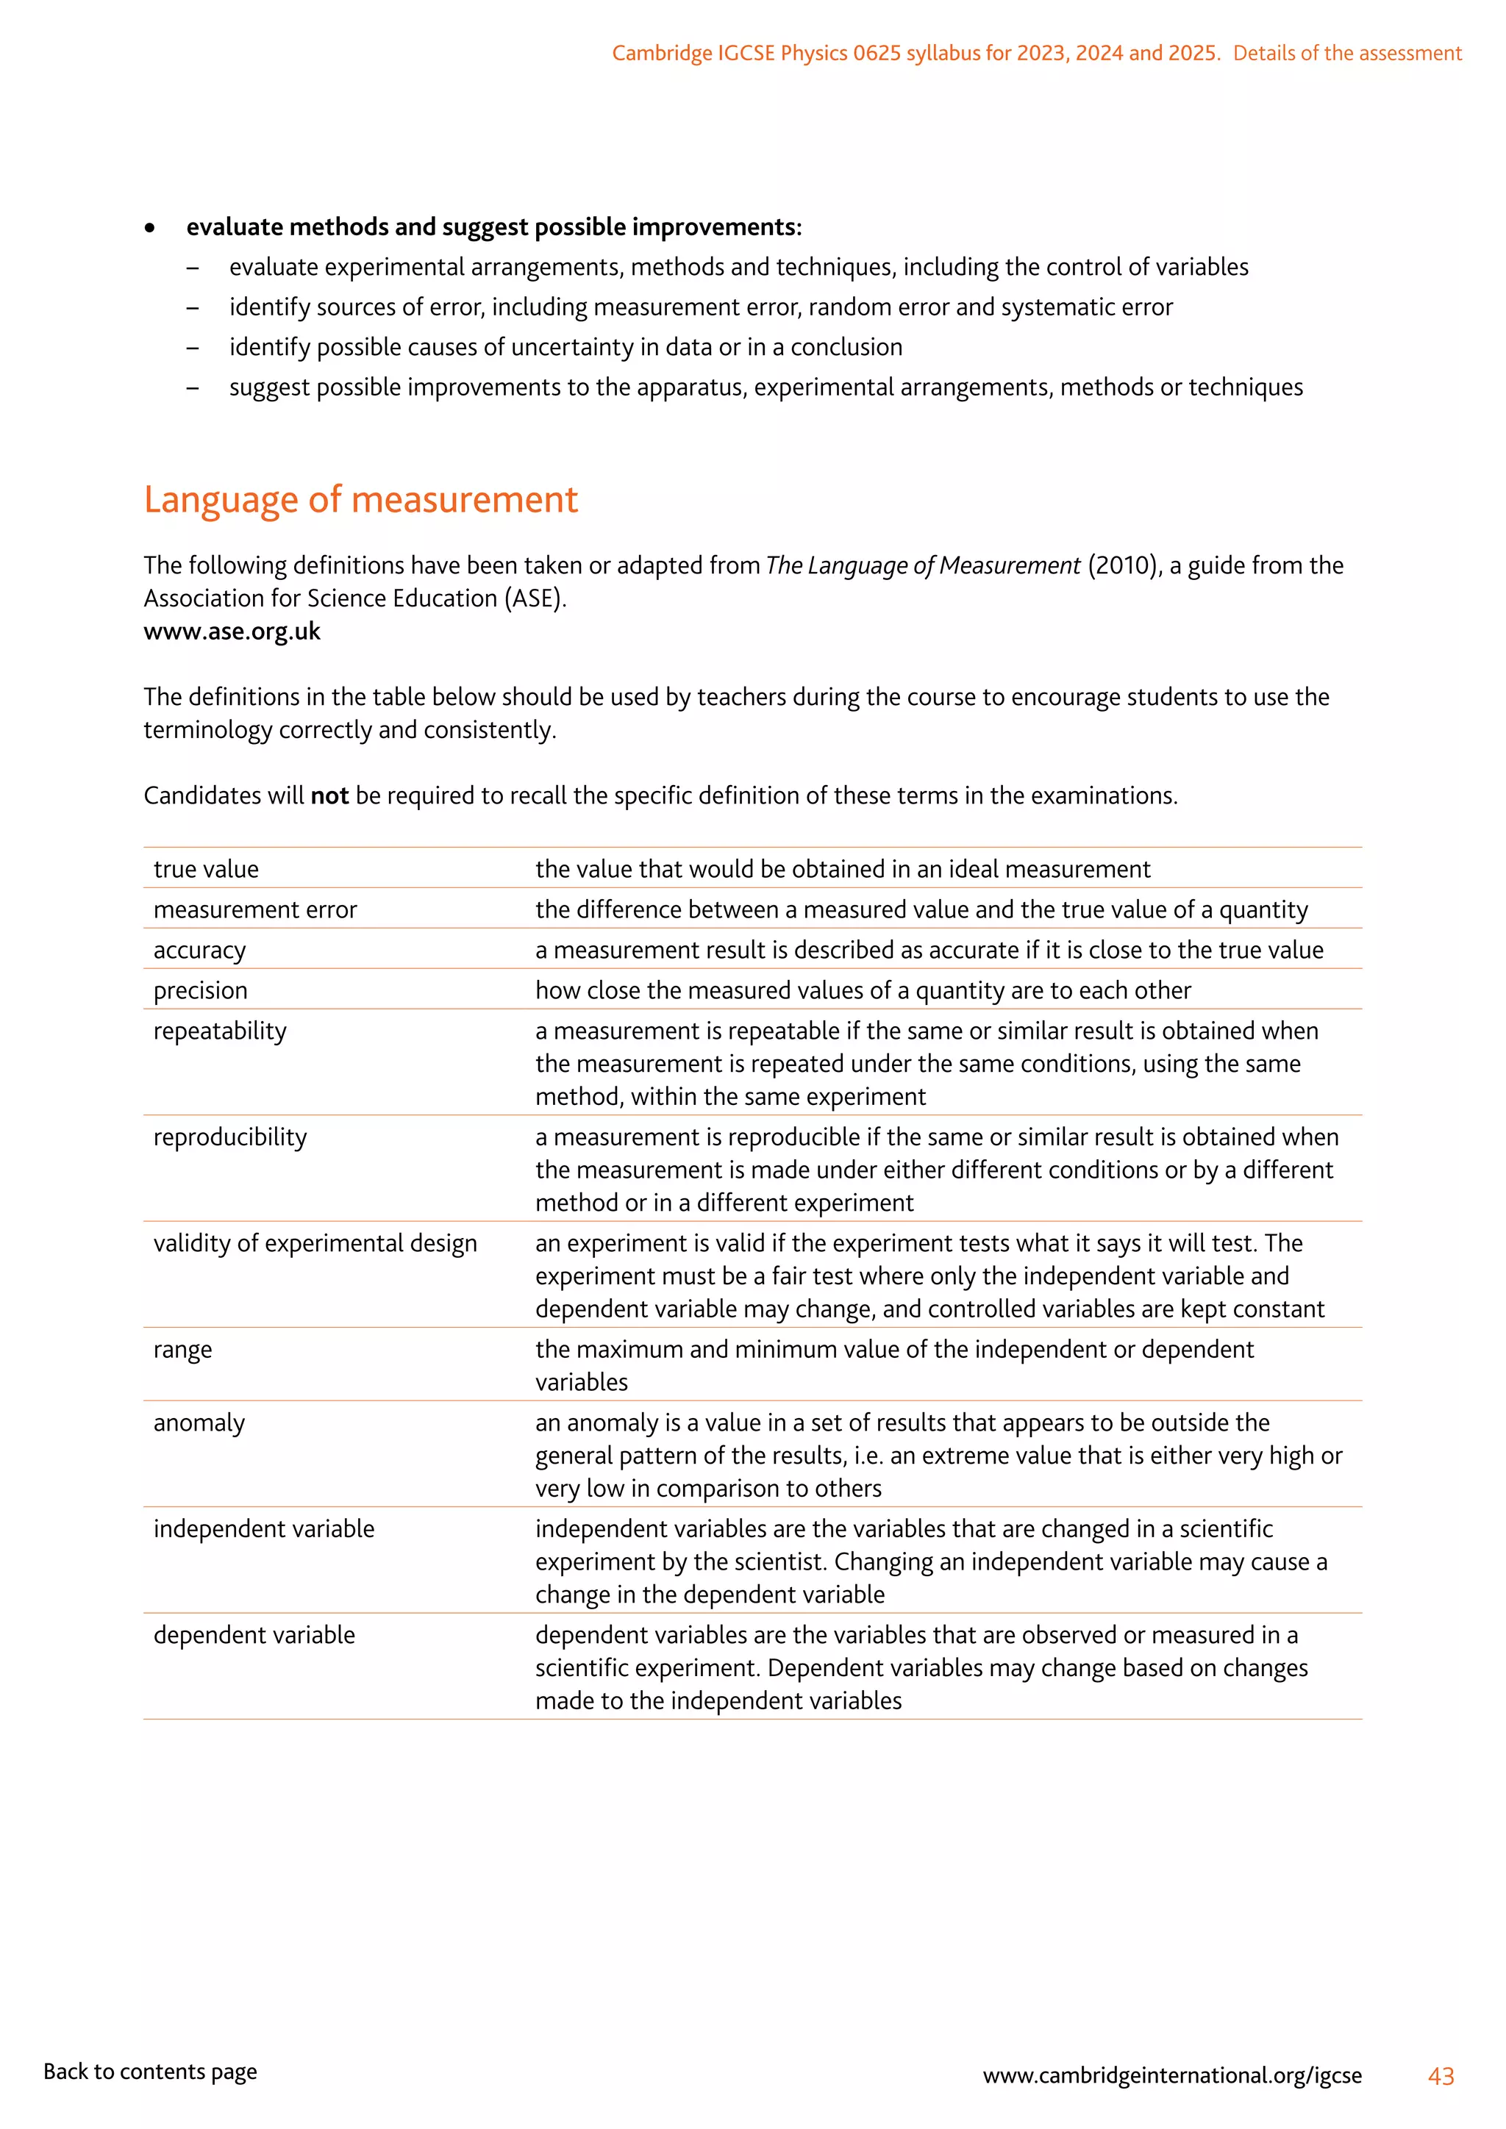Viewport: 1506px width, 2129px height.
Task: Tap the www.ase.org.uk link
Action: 232,631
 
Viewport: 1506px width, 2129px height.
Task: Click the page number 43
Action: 1440,2075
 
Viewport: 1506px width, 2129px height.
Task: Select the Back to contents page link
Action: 150,2071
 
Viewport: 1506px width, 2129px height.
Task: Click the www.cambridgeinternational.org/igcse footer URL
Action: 1171,2075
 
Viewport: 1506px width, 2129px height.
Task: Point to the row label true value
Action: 206,869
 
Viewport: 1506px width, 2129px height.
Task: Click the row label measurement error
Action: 255,909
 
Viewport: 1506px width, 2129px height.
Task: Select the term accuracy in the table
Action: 199,951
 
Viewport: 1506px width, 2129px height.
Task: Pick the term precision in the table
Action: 200,990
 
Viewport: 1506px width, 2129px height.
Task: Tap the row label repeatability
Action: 220,1031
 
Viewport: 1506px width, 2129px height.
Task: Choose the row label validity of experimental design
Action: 315,1243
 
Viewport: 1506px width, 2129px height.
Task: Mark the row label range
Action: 182,1349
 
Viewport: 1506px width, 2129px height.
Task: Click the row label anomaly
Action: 199,1423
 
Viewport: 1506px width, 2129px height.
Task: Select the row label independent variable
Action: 263,1528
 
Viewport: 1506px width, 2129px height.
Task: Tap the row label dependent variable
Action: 254,1635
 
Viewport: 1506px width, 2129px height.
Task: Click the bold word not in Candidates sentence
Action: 329,795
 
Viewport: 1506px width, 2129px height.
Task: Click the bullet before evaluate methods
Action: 149,228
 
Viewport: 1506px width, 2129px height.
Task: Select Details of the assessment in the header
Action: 1346,53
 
